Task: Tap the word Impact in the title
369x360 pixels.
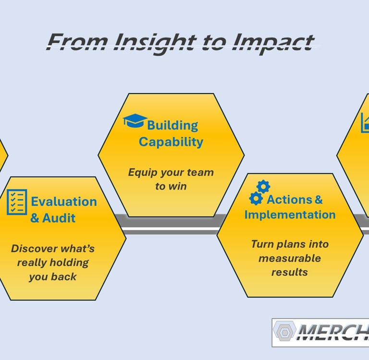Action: coord(272,42)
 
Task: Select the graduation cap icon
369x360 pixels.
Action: coord(134,120)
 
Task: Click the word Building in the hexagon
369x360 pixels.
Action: coord(172,126)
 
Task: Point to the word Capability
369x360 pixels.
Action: coord(171,142)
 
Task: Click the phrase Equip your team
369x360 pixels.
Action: coord(171,172)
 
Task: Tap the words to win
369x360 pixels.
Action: coord(171,186)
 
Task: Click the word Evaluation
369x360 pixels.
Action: coord(64,202)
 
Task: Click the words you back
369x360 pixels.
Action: coord(53,277)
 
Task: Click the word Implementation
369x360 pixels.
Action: coord(290,215)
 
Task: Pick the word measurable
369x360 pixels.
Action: coord(289,258)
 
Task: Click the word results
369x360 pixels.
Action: coord(289,272)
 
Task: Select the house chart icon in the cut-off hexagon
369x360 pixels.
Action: coord(365,122)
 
